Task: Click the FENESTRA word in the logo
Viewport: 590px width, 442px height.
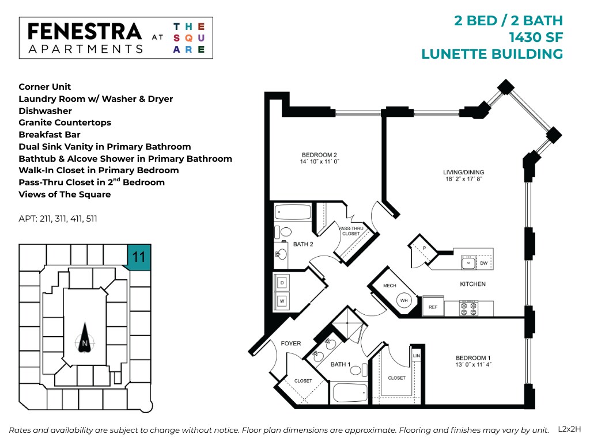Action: [x=85, y=31]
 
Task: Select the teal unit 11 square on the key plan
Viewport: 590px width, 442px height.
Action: [x=139, y=256]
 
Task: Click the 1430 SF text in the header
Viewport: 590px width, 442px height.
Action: [x=535, y=37]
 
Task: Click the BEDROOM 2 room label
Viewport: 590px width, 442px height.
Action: [x=319, y=155]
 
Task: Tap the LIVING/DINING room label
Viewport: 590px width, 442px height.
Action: [x=463, y=172]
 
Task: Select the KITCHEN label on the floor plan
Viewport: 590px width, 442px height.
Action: [x=472, y=284]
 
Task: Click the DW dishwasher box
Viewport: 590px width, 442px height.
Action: [x=484, y=263]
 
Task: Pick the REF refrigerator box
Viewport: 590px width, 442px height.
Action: [x=433, y=307]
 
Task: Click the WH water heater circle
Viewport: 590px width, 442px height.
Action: [x=404, y=300]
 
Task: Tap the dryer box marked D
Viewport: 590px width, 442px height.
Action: [x=282, y=283]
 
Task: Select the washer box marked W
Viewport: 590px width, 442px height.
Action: [x=282, y=300]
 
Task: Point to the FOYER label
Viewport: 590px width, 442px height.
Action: [x=291, y=344]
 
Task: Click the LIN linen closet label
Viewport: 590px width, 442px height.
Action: [x=416, y=356]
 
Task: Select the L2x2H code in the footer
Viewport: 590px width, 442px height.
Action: [x=570, y=429]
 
